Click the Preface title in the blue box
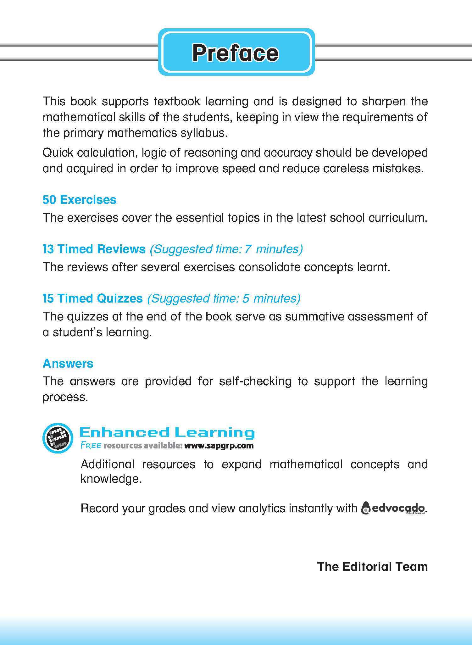point(235,53)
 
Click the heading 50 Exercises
point(79,200)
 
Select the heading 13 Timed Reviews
point(94,249)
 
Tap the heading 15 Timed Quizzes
point(92,298)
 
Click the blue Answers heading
point(68,363)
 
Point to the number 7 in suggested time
point(247,249)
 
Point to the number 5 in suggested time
point(246,298)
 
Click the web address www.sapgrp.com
point(219,446)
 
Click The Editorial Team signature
point(372,566)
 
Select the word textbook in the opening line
point(177,102)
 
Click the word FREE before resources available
point(91,446)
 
